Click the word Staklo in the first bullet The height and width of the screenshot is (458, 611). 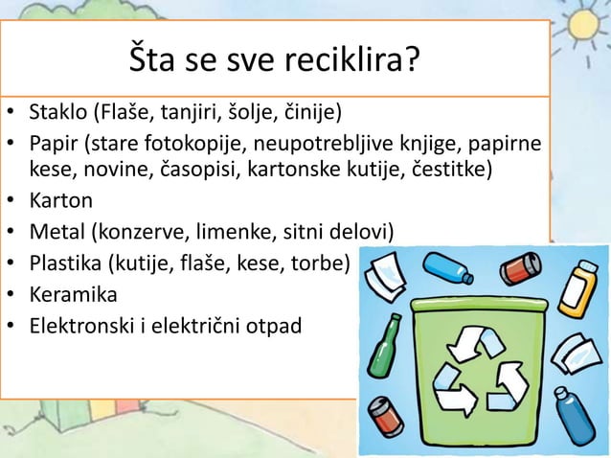(x=58, y=118)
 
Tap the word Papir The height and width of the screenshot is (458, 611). (x=55, y=145)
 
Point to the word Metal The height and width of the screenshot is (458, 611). (x=57, y=231)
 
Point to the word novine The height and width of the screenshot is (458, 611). (x=113, y=172)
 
